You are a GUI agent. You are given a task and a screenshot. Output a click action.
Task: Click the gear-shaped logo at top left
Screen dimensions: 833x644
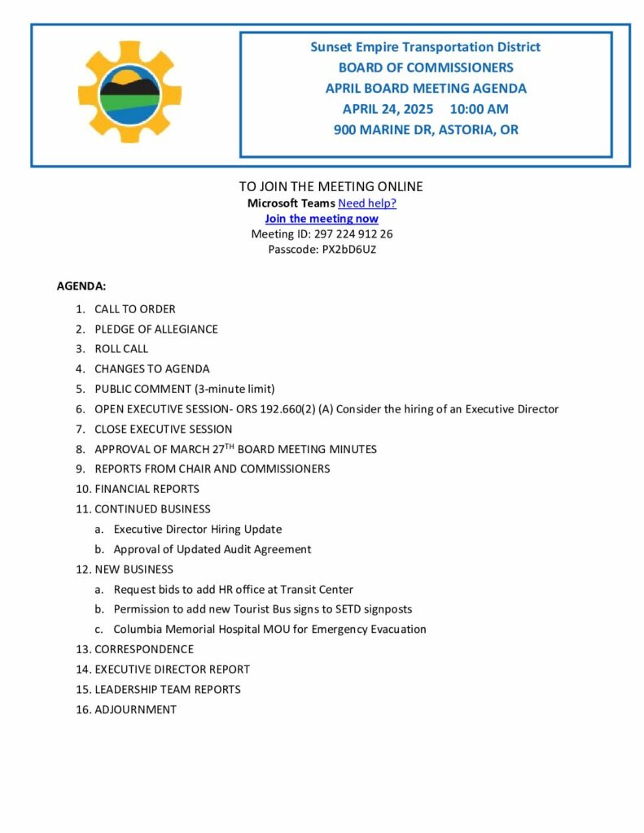coord(129,92)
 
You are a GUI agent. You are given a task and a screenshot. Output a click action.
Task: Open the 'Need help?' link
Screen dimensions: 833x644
coord(367,203)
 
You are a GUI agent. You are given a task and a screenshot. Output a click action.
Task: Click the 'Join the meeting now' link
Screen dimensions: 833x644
coord(322,219)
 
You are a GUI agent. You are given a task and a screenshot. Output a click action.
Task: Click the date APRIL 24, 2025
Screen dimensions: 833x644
coord(388,109)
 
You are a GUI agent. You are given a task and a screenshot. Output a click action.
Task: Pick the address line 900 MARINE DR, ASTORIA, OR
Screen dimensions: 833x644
coord(426,129)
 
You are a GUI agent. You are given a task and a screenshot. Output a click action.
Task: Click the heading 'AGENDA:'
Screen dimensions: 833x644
coord(81,286)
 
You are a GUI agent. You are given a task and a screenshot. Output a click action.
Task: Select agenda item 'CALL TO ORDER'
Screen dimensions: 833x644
coord(135,309)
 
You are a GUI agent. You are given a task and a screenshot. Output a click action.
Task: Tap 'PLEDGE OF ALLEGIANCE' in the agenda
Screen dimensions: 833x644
coord(156,329)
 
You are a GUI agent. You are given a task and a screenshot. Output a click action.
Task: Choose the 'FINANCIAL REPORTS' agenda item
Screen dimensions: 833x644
coord(147,489)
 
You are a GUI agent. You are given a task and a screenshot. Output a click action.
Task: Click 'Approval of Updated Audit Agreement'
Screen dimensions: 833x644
coord(212,549)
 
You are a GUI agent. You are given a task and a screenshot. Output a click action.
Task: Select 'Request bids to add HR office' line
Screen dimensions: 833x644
coord(234,589)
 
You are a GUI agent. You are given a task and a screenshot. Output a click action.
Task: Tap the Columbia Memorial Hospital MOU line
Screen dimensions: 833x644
coord(269,629)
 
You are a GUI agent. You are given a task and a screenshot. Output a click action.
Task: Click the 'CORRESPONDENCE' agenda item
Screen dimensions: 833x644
coord(144,649)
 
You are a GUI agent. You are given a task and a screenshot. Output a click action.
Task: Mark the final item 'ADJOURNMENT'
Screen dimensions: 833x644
coord(135,709)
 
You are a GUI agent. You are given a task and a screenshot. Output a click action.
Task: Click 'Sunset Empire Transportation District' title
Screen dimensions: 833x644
coord(426,47)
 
